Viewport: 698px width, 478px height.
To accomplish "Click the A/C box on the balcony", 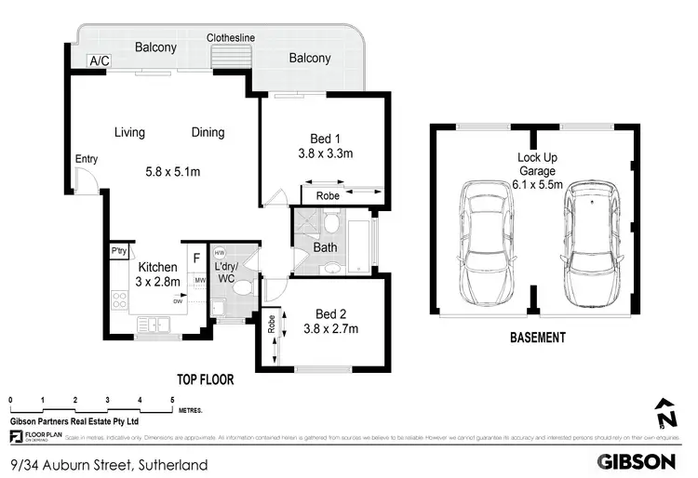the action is click(98, 61).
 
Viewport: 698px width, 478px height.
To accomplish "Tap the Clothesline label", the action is click(232, 38).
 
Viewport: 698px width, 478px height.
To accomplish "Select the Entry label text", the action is click(87, 159).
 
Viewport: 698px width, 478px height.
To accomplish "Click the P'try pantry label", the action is click(118, 251).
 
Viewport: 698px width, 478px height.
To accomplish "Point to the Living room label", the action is click(129, 132).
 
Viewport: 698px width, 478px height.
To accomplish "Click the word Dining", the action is click(208, 132).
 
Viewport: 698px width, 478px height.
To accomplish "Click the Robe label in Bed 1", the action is click(328, 196).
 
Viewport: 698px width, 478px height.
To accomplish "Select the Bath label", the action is click(325, 248).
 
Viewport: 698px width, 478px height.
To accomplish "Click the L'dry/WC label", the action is click(225, 272).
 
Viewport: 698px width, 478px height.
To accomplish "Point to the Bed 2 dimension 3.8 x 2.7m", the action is click(330, 328).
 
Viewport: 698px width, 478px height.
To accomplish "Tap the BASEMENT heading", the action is click(537, 338).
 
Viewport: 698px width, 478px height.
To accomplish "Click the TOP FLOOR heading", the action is click(205, 379).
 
